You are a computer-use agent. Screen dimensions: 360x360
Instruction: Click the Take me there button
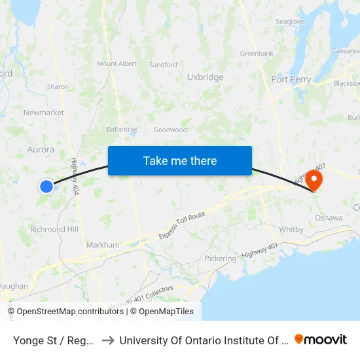click(180, 161)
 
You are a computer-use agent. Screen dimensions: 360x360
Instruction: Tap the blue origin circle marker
click(46, 187)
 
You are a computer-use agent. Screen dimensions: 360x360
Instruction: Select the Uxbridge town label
click(205, 77)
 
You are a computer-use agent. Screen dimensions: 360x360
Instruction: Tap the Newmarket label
click(44, 113)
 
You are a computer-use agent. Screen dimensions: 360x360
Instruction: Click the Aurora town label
click(41, 149)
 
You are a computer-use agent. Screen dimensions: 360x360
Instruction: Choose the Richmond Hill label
click(54, 230)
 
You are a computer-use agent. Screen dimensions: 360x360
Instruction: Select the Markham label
click(103, 245)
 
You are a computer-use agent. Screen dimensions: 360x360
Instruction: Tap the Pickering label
click(220, 259)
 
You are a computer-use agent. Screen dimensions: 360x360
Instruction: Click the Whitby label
click(291, 230)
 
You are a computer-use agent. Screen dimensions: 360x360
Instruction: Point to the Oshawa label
click(329, 218)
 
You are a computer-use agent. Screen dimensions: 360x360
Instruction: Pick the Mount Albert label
click(117, 63)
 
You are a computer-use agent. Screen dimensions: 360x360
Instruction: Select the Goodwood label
click(170, 130)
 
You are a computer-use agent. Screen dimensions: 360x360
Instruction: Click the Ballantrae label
click(122, 130)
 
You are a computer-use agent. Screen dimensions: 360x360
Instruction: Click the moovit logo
click(321, 339)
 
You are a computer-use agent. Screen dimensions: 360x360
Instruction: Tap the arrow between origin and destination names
click(107, 340)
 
